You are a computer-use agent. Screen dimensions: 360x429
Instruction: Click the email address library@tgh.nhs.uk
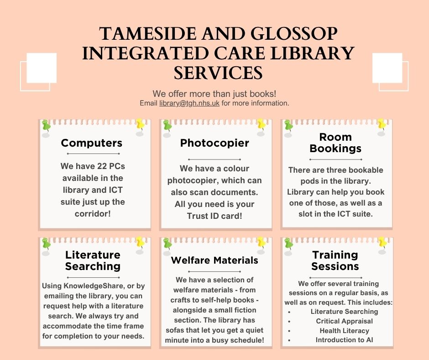point(189,104)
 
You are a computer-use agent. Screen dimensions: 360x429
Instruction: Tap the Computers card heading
point(92,143)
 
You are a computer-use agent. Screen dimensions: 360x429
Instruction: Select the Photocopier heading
point(214,143)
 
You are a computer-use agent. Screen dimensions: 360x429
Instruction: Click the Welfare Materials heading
point(214,260)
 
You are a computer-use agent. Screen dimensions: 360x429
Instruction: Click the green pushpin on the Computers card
point(46,125)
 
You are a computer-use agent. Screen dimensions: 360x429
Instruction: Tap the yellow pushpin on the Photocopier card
point(261,124)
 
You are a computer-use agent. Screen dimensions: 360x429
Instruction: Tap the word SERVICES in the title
point(218,73)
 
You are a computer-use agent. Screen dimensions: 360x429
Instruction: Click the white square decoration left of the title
point(41,68)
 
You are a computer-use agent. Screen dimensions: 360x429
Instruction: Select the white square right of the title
point(387,68)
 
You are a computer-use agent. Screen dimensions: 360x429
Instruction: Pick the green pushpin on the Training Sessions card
point(288,243)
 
